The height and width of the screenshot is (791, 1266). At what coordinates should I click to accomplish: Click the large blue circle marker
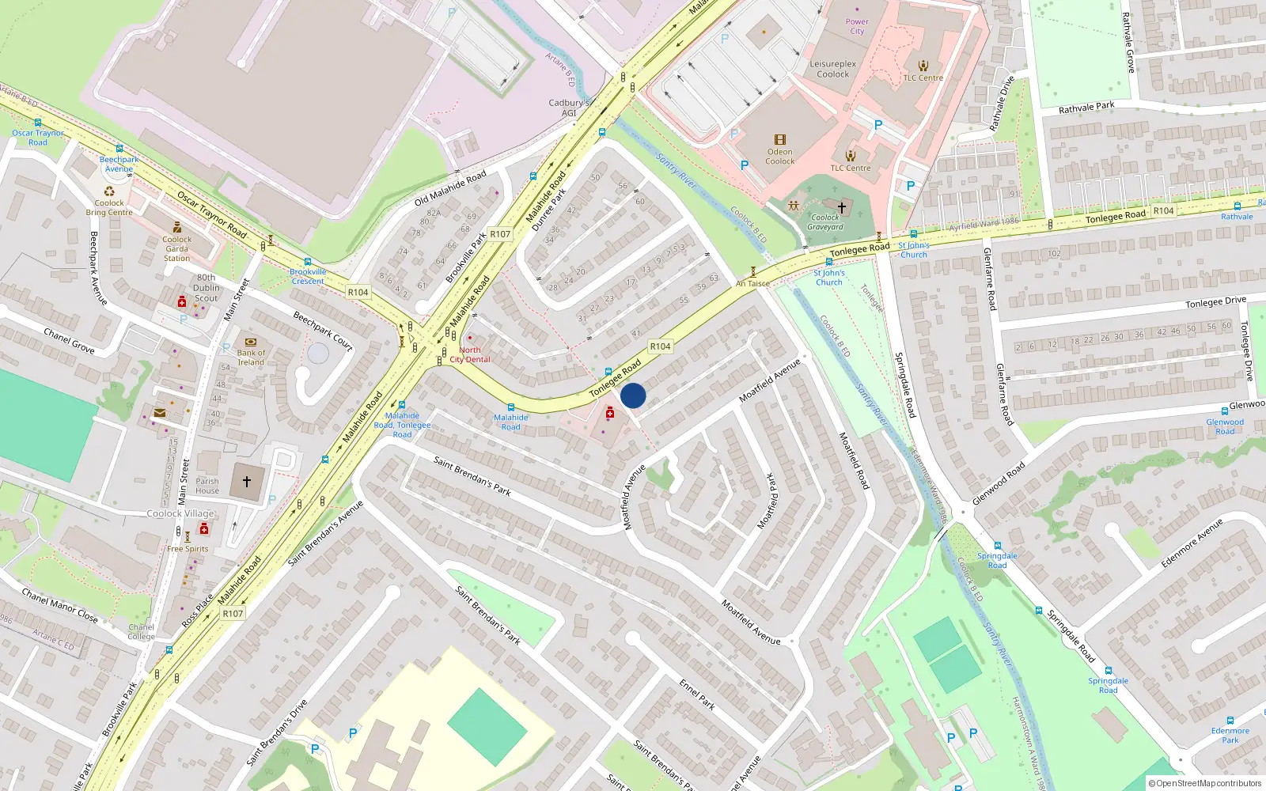[633, 395]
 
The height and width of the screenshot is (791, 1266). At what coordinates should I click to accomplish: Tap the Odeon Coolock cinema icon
[779, 139]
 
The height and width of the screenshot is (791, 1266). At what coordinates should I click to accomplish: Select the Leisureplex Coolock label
[832, 69]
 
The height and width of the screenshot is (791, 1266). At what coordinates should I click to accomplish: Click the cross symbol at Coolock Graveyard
[842, 207]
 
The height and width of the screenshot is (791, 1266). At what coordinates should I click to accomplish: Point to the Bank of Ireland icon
[251, 343]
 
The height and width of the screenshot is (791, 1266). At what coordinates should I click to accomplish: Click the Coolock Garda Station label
[176, 248]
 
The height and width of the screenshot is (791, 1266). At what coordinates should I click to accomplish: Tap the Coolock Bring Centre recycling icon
[109, 191]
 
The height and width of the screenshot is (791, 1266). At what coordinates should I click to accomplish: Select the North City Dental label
[470, 354]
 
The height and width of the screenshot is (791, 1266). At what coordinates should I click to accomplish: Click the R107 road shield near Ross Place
[233, 613]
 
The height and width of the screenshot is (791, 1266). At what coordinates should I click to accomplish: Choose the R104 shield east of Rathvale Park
[1163, 210]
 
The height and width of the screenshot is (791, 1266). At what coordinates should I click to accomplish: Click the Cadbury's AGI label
[569, 108]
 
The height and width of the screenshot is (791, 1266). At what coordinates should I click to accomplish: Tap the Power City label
[857, 27]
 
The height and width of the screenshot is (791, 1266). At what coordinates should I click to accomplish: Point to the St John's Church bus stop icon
[913, 234]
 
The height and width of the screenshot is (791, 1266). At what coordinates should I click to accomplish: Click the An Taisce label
[752, 283]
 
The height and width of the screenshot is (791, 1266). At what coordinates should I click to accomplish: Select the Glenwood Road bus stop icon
[1225, 411]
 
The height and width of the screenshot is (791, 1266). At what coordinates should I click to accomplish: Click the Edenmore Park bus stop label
[1230, 736]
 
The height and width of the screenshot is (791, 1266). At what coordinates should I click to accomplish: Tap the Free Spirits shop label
[188, 549]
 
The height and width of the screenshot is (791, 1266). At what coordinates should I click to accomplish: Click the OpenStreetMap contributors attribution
[1204, 783]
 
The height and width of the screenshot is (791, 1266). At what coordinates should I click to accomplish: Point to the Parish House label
[207, 486]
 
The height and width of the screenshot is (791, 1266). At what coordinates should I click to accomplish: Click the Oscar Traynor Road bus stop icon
[38, 123]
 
